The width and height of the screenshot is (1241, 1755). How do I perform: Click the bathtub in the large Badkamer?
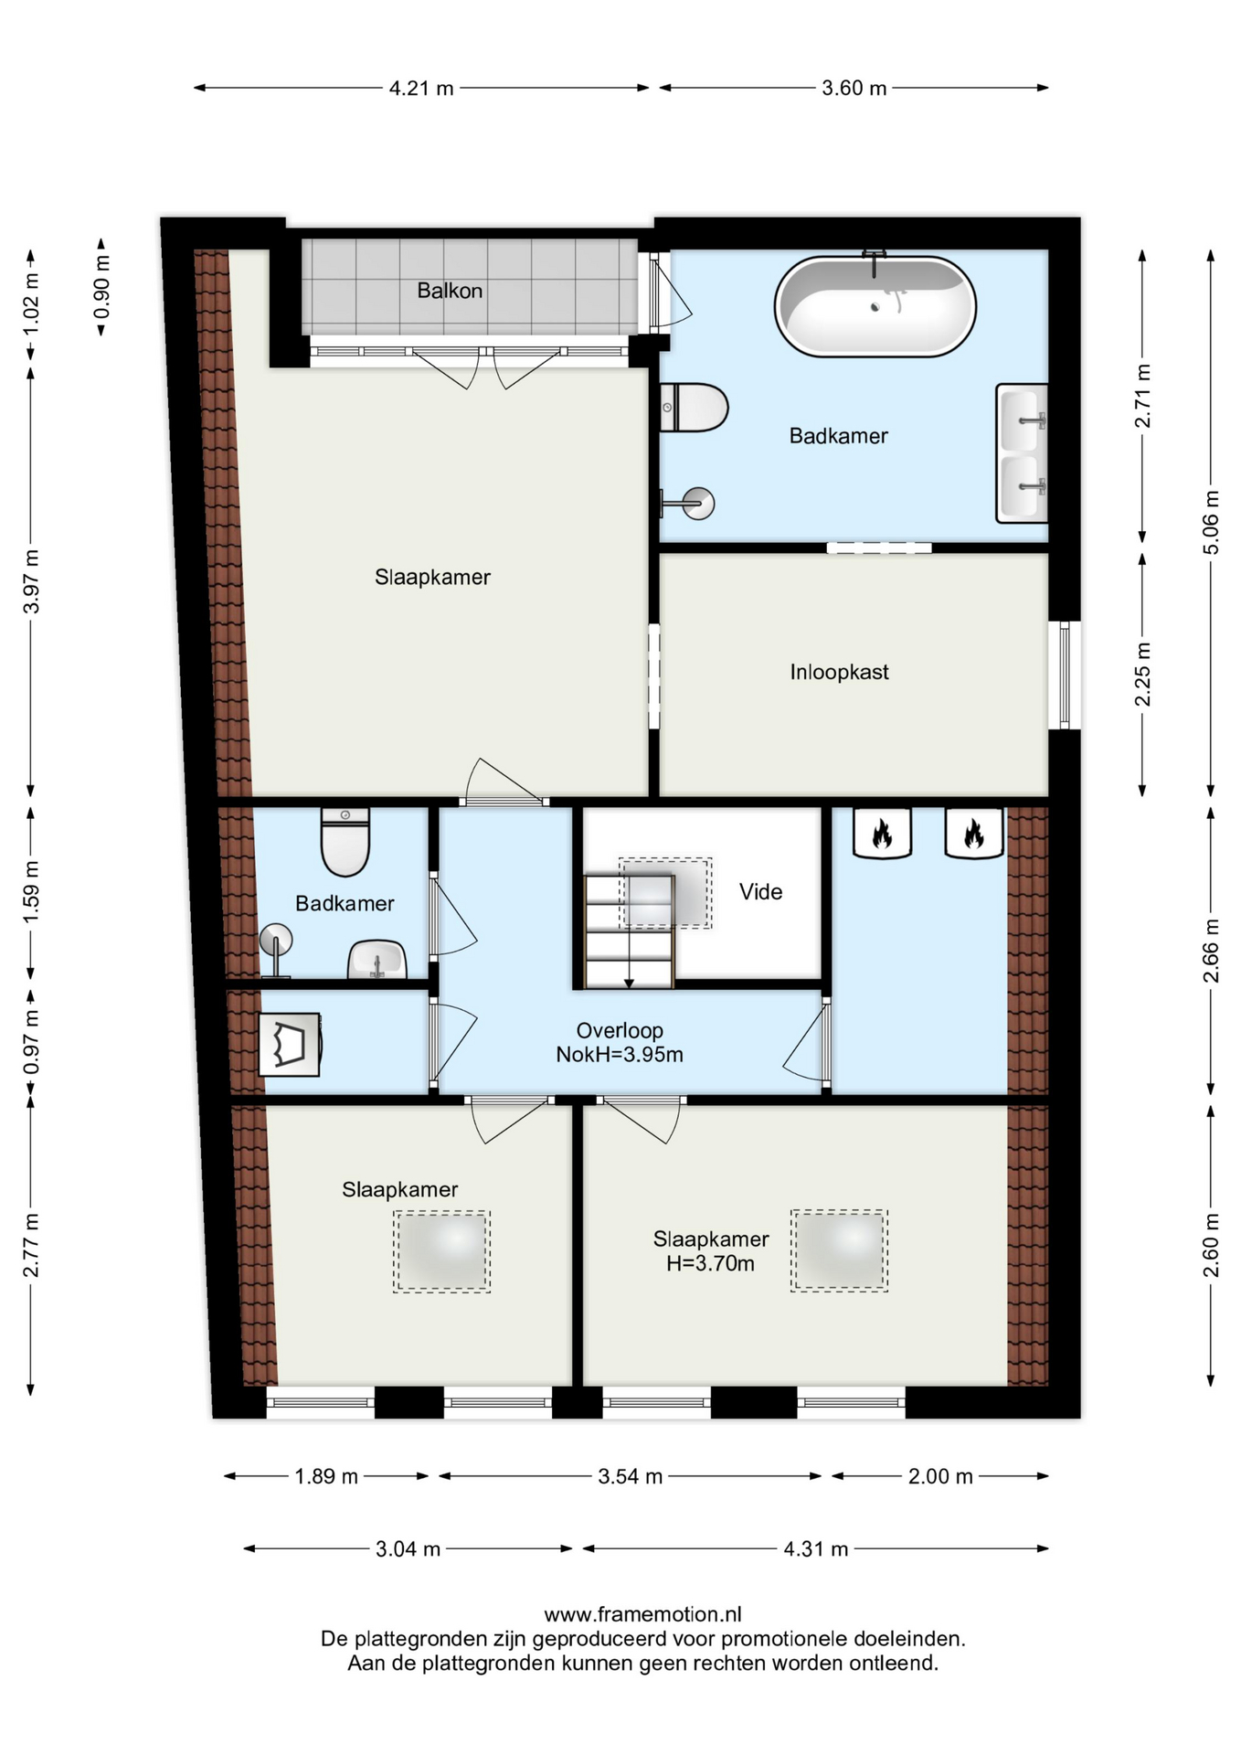[x=875, y=305]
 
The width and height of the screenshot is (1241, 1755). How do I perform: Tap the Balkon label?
[x=450, y=291]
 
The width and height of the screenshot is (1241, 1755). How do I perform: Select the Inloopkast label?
[x=839, y=673]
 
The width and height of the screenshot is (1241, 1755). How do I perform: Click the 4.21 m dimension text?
[x=421, y=89]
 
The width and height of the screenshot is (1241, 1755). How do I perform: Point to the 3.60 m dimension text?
[x=854, y=89]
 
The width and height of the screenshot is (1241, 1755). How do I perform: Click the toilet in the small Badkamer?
[x=345, y=841]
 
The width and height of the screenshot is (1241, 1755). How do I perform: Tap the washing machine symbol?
[x=290, y=1044]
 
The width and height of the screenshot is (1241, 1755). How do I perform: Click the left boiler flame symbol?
[x=882, y=833]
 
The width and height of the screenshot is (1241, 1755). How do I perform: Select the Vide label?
[x=760, y=892]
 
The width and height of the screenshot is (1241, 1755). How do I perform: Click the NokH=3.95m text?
[x=620, y=1055]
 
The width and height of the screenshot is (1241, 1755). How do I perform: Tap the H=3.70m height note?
[x=710, y=1264]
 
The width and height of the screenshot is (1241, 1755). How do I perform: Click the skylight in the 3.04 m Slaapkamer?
[x=442, y=1251]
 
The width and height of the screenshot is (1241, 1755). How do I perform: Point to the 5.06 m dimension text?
[x=1211, y=523]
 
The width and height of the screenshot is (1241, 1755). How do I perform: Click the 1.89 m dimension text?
[x=326, y=1476]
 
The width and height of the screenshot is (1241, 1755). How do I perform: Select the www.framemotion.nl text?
[x=642, y=1615]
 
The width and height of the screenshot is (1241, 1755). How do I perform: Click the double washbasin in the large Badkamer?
[x=1022, y=453]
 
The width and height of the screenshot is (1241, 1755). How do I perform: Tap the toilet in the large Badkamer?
[x=694, y=408]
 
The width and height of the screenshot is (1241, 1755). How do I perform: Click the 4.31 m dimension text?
[x=815, y=1549]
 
